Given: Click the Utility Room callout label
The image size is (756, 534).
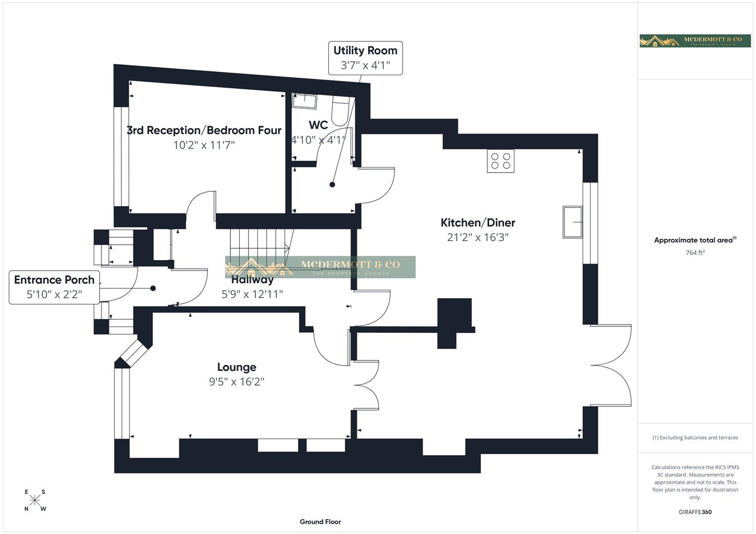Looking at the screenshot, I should tap(365, 58).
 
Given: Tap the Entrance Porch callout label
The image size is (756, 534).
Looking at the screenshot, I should tap(54, 287).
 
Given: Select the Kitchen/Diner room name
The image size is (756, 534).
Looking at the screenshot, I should tap(478, 222).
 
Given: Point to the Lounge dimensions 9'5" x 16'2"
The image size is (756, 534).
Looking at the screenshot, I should tap(237, 382).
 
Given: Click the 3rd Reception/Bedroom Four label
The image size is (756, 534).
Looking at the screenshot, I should tap(204, 131).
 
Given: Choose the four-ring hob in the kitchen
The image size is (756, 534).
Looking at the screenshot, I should tap(501, 161).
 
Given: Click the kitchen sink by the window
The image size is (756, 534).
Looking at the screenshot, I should tap(572, 222).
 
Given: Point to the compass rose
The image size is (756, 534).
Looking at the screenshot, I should tap(35, 500).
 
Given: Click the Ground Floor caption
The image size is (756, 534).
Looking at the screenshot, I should tap(320, 522).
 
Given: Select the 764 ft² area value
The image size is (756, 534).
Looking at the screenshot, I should tap(695, 253).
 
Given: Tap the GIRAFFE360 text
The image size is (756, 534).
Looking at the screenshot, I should tap(695, 512).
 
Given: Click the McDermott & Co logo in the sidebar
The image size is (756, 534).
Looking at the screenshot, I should tap(695, 41).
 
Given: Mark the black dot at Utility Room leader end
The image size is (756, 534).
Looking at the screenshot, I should tap(332, 185).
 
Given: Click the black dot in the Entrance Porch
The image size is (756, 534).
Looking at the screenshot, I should tap(153, 288).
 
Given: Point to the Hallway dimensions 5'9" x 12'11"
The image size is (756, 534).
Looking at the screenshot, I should tap(252, 294).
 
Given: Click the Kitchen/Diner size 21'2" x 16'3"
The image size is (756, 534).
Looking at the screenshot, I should tap(478, 237).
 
